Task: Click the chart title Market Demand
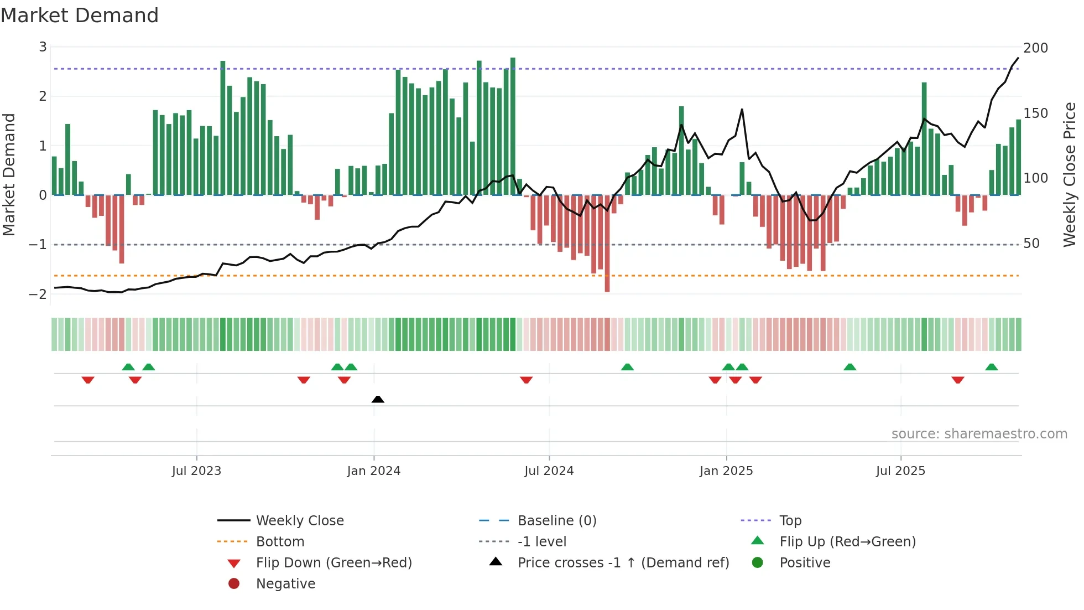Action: [x=79, y=15]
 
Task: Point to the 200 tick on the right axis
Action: [x=1035, y=48]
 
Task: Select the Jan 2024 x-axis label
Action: [x=373, y=471]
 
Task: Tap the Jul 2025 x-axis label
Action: [x=900, y=471]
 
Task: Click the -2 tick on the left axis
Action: [x=38, y=294]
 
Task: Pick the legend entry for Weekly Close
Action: [x=299, y=521]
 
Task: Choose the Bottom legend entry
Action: [x=280, y=542]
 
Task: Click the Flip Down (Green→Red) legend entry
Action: [x=333, y=563]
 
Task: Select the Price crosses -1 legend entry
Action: [x=623, y=563]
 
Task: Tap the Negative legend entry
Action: [x=285, y=584]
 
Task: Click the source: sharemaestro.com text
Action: [x=979, y=434]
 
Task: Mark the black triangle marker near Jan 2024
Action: [x=378, y=399]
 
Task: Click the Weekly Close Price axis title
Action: [x=1070, y=174]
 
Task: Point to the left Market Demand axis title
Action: [x=9, y=174]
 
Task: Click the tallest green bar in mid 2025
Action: [x=924, y=138]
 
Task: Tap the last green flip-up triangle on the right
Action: [x=992, y=367]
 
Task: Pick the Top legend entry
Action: [x=790, y=521]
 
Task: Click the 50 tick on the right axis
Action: [x=1031, y=244]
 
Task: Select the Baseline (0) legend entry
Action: [x=556, y=521]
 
